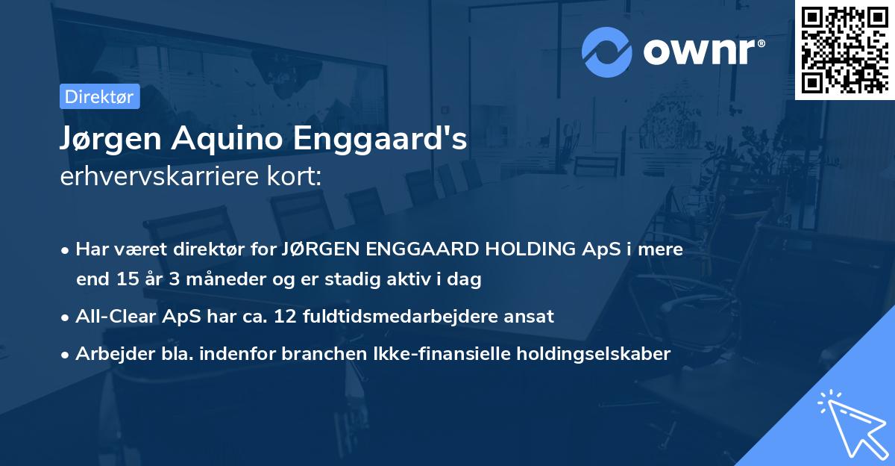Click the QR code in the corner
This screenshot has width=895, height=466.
[x=845, y=49]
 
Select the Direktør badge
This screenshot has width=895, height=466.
[x=99, y=96]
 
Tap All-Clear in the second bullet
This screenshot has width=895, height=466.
[x=113, y=316]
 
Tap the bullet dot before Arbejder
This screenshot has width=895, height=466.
[x=66, y=354]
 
